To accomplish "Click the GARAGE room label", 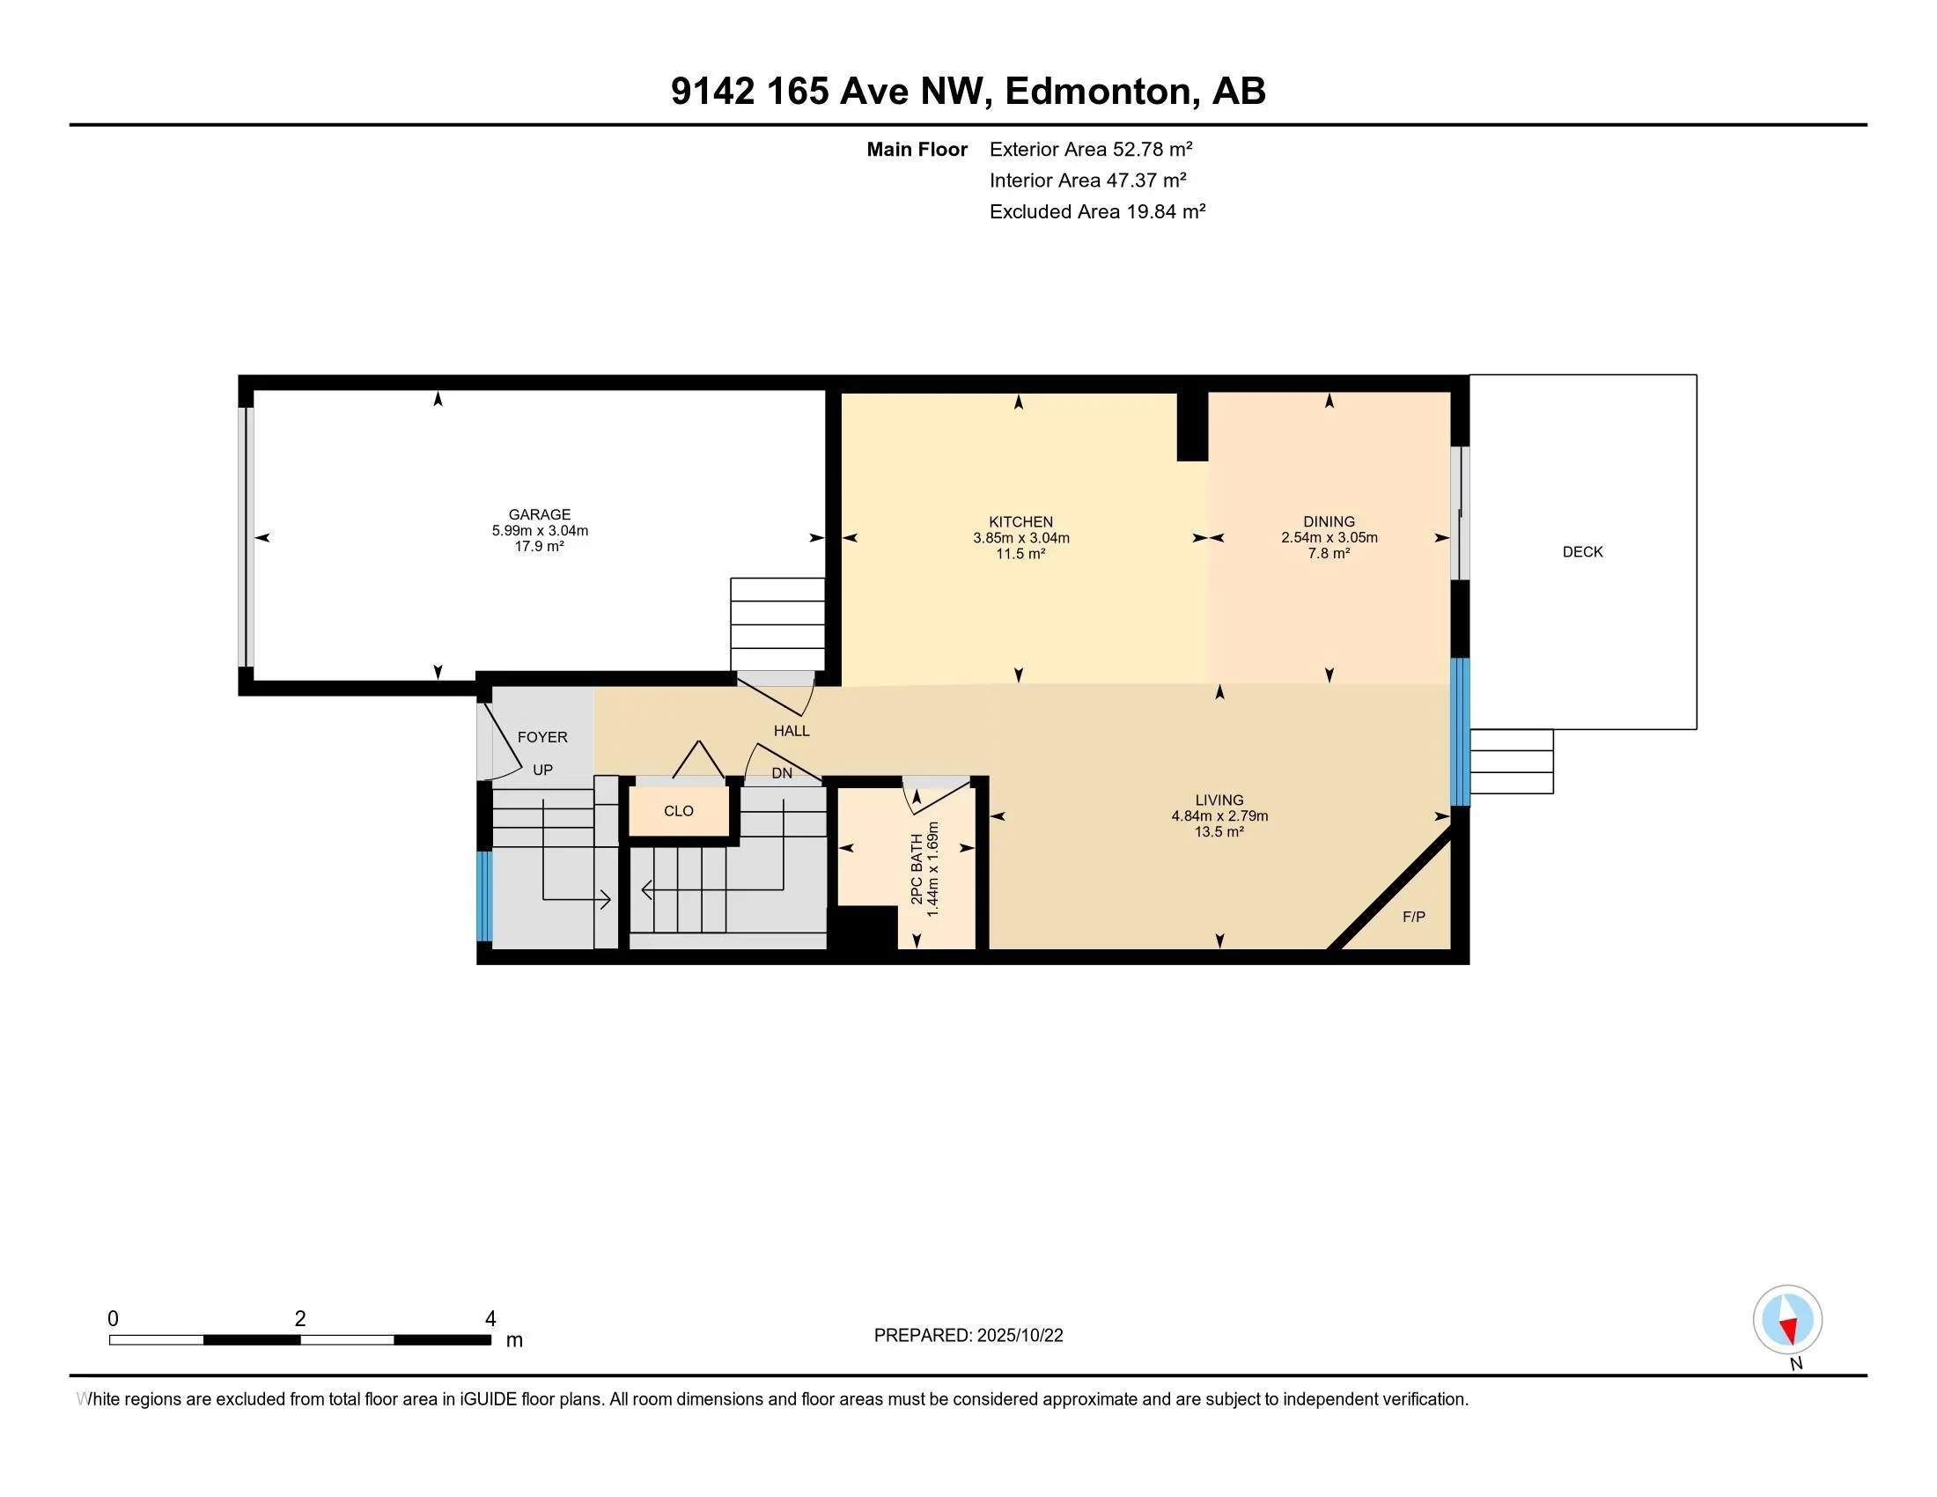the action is tap(539, 514).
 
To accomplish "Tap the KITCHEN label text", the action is tap(1020, 522).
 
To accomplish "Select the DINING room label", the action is tap(1329, 521).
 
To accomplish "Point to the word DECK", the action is tap(1582, 551).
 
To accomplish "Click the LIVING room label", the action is tap(1219, 800).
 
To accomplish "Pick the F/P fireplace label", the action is tap(1414, 917).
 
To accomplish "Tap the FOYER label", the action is tap(541, 737).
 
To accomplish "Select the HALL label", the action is tap(792, 731).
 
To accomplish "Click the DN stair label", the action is tap(781, 773).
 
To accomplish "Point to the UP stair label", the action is tap(541, 770).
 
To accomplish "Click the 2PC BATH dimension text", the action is tap(932, 869).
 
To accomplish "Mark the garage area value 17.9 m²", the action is tap(539, 546).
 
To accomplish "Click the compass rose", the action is tap(1787, 1320).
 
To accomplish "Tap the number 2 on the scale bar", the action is tap(300, 1319).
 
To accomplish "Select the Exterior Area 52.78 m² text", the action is tap(1091, 149).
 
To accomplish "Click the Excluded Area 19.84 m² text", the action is tap(1097, 211).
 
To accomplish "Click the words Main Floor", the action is tap(917, 149).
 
